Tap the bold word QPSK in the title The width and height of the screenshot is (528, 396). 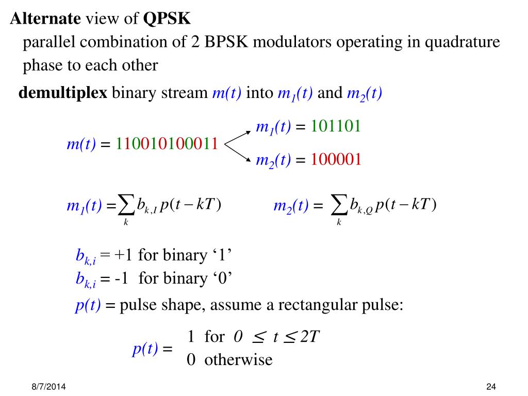(167, 19)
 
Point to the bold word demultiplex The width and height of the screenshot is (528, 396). (63, 93)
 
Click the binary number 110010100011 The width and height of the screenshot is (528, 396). (166, 144)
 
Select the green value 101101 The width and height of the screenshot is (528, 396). (335, 126)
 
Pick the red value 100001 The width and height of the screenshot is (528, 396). (335, 160)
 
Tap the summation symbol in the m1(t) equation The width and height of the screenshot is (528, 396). (126, 205)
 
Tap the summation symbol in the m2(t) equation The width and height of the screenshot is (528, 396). (339, 205)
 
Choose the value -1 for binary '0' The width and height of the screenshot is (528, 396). (121, 278)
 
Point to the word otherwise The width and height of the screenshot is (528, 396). (238, 359)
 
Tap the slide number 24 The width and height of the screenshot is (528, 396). (490, 387)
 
